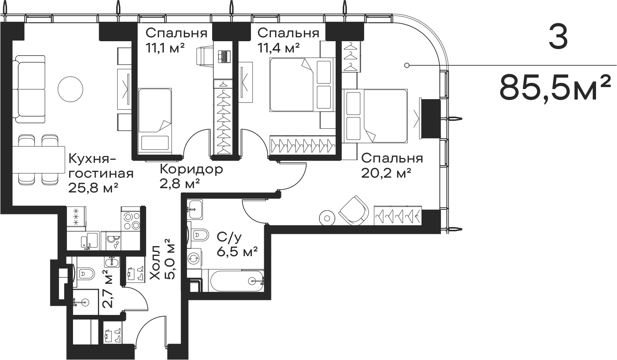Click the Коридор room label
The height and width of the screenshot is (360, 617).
[192, 170]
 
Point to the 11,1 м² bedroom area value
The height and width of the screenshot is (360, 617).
[165, 48]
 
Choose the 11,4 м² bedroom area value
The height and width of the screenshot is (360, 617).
[278, 48]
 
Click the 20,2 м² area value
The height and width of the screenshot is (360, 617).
[386, 173]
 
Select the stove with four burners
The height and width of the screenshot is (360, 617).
[132, 221]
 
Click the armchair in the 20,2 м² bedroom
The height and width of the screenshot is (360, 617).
[352, 210]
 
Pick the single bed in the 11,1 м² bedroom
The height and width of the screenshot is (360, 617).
[155, 119]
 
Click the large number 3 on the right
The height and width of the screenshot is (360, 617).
[559, 38]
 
